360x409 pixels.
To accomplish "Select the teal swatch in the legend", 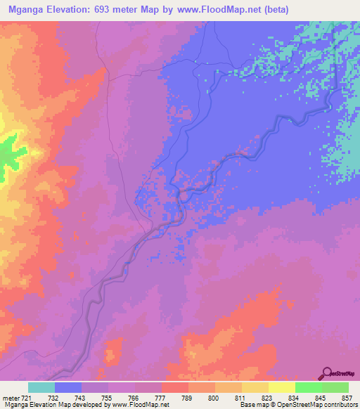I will pos(41,387).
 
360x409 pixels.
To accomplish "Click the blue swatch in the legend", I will pos(68,387).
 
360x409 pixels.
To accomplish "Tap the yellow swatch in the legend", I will pos(281,387).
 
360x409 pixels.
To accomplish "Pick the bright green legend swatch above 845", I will pos(308,387).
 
